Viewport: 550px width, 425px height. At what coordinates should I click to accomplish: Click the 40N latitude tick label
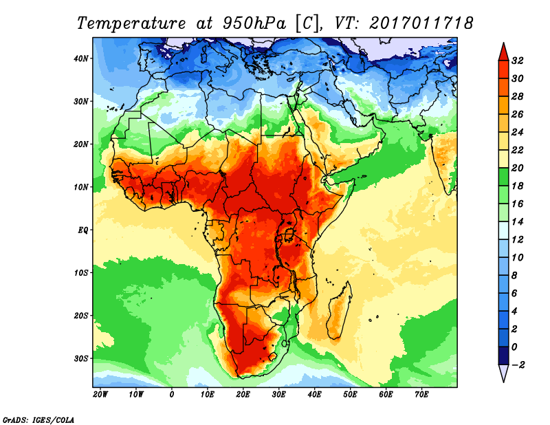pos(81,58)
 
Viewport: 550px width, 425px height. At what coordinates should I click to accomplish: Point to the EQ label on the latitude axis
pos(82,230)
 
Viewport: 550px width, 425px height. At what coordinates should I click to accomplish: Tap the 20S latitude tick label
pos(81,315)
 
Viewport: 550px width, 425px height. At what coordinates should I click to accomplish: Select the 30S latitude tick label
pos(81,358)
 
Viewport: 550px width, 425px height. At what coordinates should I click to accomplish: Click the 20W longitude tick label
pos(100,395)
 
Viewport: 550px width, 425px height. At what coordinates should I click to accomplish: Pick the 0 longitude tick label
pos(172,395)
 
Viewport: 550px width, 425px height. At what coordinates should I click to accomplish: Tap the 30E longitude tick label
pos(279,395)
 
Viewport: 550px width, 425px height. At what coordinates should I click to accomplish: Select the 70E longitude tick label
pos(422,395)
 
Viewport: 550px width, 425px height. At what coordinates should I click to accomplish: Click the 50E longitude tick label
pos(351,395)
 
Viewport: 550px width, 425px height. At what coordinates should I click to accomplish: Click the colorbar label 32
pos(518,61)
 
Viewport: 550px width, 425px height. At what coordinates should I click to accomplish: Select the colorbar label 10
pos(518,257)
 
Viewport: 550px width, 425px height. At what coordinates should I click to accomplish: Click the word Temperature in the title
pos(131,23)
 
